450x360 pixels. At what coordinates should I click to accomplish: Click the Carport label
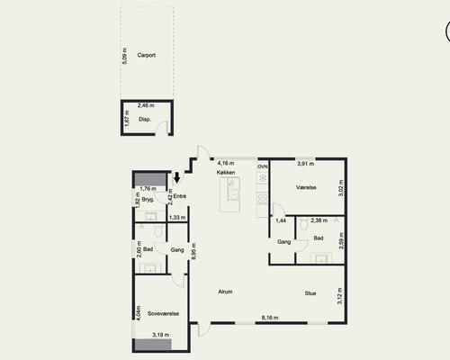click(147, 55)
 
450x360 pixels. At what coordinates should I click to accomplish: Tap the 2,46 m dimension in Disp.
click(146, 105)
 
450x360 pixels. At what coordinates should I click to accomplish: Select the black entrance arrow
click(177, 177)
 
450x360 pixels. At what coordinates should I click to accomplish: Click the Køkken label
click(226, 173)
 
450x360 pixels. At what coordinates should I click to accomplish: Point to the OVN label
click(263, 166)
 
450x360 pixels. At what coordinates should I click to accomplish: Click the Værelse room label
click(306, 187)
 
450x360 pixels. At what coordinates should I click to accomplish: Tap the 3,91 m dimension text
click(306, 164)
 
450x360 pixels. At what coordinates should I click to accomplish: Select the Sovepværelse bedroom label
click(163, 314)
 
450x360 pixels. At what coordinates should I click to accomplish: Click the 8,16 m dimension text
click(270, 318)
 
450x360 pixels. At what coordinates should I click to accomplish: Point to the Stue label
click(310, 293)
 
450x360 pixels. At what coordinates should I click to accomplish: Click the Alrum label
click(225, 292)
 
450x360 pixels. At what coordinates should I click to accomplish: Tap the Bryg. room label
click(148, 200)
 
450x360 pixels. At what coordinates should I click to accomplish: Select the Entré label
click(180, 196)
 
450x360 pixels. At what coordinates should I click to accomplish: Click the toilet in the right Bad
click(304, 224)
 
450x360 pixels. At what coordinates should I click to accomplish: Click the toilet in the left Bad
click(158, 231)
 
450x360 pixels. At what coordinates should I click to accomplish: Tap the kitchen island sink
click(233, 195)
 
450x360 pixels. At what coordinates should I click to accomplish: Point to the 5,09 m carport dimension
click(125, 56)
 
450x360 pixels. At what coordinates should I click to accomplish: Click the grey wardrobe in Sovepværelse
click(153, 345)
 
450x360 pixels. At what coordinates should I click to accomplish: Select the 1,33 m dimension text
click(177, 218)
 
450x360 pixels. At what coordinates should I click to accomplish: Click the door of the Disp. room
click(162, 128)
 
